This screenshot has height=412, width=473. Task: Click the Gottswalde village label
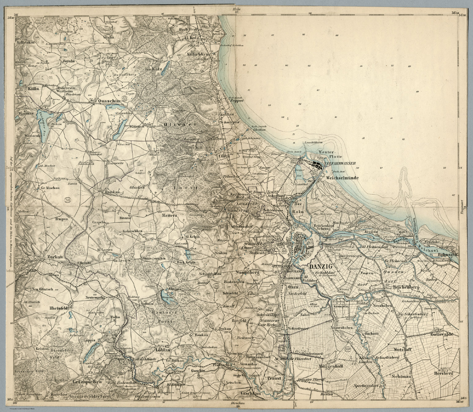443,335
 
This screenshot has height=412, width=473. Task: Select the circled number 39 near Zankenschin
216,286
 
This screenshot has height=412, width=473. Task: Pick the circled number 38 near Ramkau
68,200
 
